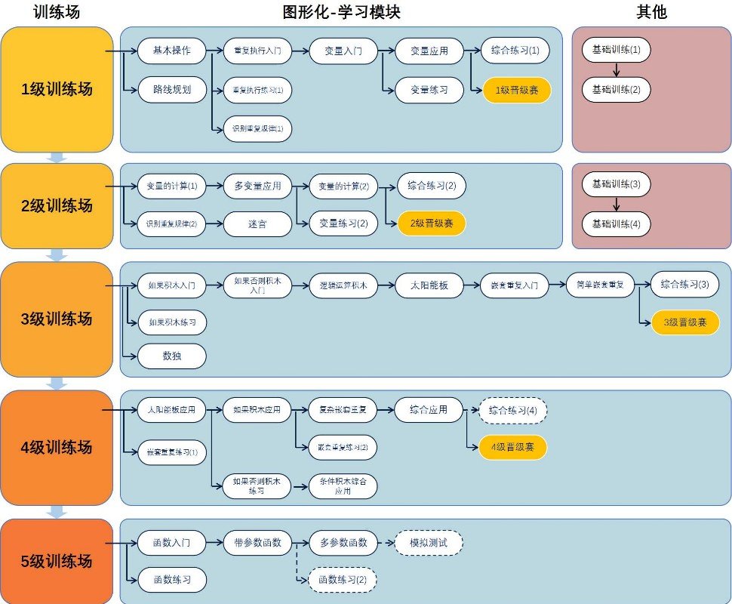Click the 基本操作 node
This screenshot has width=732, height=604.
[171, 51]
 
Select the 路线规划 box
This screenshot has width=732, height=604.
[171, 90]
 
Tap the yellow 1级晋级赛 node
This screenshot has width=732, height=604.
[517, 90]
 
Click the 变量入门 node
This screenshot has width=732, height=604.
[343, 51]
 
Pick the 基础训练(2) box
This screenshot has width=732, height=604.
[616, 90]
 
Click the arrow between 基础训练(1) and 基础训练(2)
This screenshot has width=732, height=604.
[616, 70]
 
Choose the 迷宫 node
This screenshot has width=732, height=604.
[257, 223]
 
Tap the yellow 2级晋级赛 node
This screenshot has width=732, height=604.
[432, 223]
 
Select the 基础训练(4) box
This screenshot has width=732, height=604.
[616, 223]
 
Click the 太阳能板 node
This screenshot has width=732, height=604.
[429, 285]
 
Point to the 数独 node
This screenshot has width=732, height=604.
[171, 356]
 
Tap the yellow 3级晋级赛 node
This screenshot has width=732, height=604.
[685, 322]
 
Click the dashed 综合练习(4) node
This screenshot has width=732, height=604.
[512, 410]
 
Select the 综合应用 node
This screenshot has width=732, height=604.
[429, 410]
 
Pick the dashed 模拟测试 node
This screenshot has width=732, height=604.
[429, 543]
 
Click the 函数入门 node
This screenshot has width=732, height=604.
[171, 543]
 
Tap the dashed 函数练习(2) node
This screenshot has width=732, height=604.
[343, 580]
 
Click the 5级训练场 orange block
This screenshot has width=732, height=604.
[57, 561]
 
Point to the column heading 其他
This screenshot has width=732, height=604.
[651, 12]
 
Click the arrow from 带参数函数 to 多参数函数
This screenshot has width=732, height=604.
[300, 543]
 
